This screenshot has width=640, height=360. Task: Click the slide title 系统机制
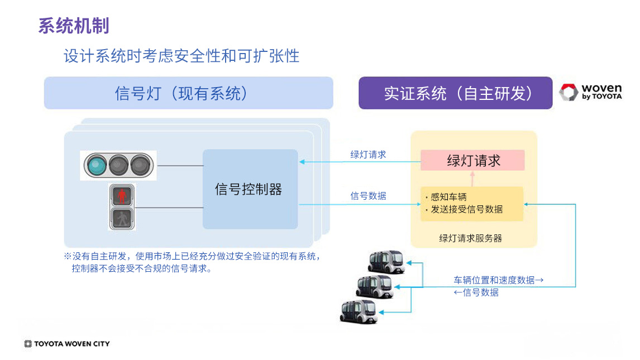click(74, 26)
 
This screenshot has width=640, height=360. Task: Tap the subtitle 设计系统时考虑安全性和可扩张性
click(182, 56)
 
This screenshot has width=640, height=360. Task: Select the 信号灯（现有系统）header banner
click(188, 93)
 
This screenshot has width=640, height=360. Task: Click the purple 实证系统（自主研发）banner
click(455, 93)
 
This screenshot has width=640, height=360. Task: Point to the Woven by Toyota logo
click(591, 92)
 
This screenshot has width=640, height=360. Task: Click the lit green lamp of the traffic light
click(96, 165)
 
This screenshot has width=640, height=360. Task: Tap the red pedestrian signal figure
click(122, 195)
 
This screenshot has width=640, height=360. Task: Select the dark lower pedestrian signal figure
click(122, 218)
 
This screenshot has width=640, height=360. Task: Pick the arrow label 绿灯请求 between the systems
click(368, 155)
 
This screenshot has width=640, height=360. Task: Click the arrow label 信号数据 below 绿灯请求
click(368, 196)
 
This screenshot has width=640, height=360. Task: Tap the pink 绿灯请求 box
click(472, 161)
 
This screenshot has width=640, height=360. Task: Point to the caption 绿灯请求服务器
click(470, 238)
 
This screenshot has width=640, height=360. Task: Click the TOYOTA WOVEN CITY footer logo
click(67, 344)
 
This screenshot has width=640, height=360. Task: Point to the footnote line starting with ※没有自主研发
click(192, 257)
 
